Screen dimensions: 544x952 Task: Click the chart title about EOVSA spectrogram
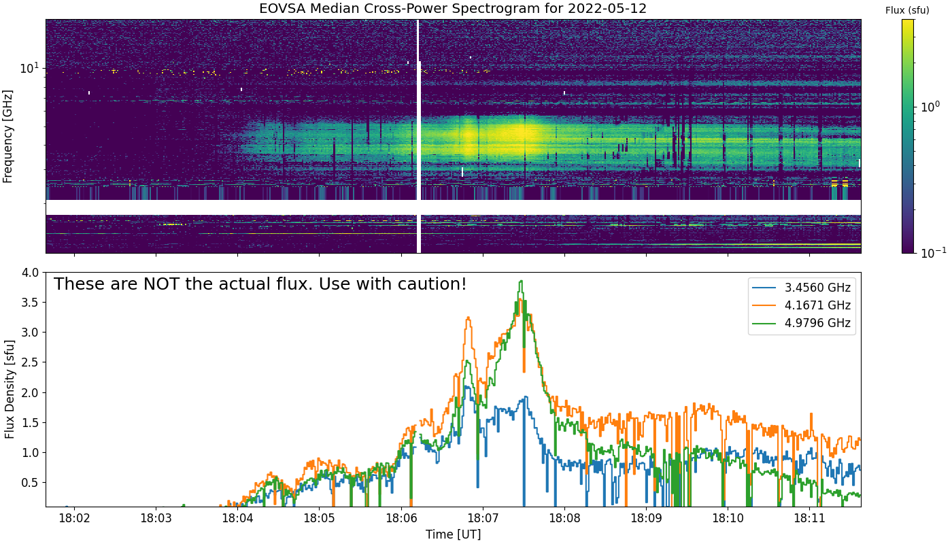tap(453, 9)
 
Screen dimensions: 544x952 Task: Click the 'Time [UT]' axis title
tap(453, 534)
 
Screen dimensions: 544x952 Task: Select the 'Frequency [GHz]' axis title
tap(8, 136)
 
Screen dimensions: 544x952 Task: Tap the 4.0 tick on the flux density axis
tap(30, 273)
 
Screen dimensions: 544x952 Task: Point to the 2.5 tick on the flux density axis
tap(30, 362)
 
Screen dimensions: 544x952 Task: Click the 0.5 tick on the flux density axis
tap(30, 483)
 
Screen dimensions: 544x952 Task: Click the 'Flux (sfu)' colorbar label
tap(907, 10)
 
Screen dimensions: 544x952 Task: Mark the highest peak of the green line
tap(521, 282)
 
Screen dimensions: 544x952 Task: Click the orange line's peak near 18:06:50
tap(469, 318)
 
